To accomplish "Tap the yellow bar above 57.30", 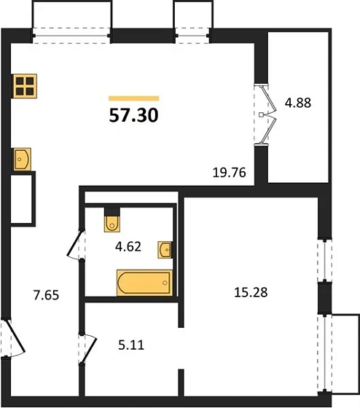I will [x=133, y=98].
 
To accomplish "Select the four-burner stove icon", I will [x=24, y=87].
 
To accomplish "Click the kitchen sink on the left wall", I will [x=22, y=158].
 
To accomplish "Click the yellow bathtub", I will [x=144, y=281].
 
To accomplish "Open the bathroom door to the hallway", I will [x=76, y=244].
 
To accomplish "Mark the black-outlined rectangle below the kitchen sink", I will [x=24, y=198].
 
